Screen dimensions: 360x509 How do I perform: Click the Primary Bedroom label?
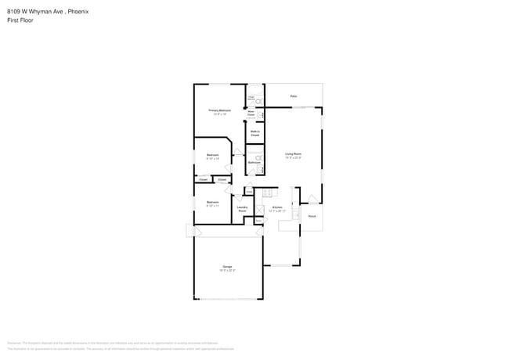tap(219, 110)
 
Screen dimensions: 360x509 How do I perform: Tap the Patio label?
tap(294, 96)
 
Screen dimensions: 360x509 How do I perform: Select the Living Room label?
tap(294, 154)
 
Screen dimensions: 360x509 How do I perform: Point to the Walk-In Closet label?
tap(255, 133)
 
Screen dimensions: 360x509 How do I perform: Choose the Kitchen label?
tap(277, 208)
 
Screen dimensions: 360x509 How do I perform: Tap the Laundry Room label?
tap(243, 209)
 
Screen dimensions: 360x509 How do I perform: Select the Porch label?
tap(312, 216)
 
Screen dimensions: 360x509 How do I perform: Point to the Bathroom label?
tap(254, 162)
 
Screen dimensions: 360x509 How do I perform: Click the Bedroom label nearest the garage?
tap(212, 202)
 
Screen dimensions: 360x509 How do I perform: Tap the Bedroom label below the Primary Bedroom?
tap(212, 155)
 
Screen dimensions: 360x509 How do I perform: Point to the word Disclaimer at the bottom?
tap(14, 342)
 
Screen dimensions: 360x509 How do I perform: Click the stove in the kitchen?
tap(266, 191)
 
